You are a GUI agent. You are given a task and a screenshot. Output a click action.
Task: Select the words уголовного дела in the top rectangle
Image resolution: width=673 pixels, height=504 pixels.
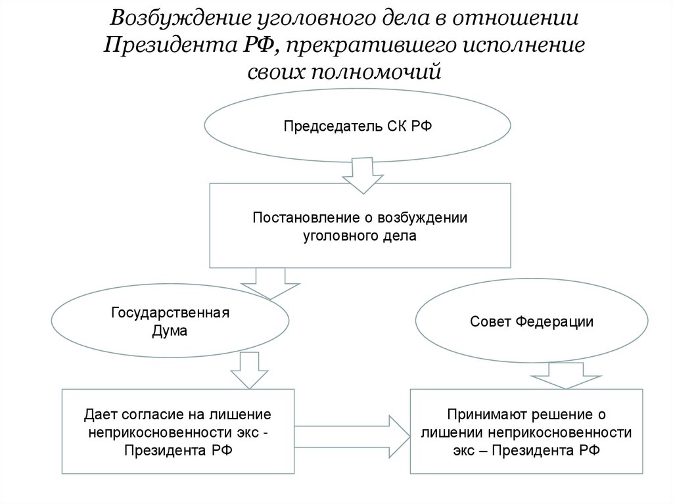tap(360, 235)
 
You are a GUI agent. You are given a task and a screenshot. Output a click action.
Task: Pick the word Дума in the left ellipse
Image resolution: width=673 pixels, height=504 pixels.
tap(170, 331)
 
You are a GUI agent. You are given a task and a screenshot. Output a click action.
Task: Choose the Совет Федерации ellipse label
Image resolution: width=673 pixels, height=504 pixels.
tap(532, 322)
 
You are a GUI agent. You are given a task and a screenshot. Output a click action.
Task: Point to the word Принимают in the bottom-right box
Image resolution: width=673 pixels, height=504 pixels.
tap(481, 415)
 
